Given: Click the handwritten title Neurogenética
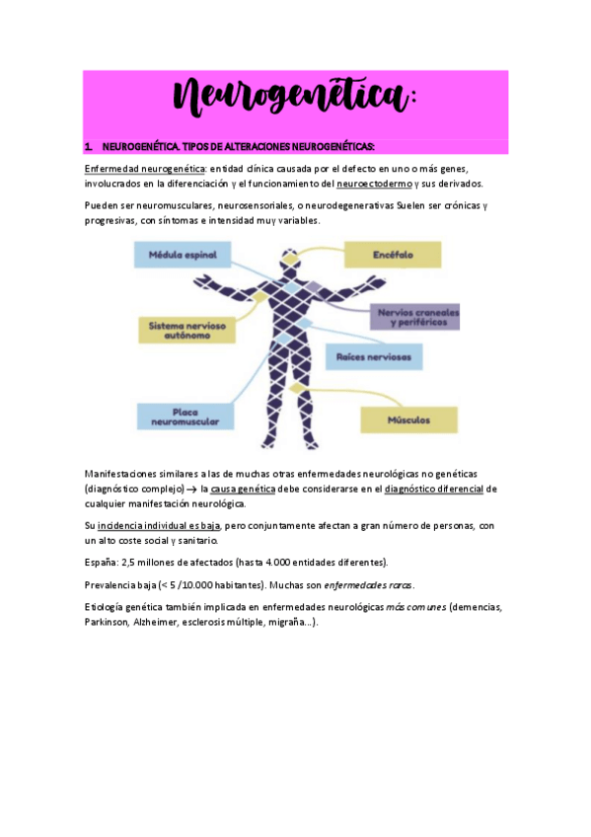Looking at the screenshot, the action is pos(295,100).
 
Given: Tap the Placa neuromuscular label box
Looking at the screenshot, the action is pos(185,416).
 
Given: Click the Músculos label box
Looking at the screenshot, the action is pos(409,419).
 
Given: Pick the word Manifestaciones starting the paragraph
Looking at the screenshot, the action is pos(128,474).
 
